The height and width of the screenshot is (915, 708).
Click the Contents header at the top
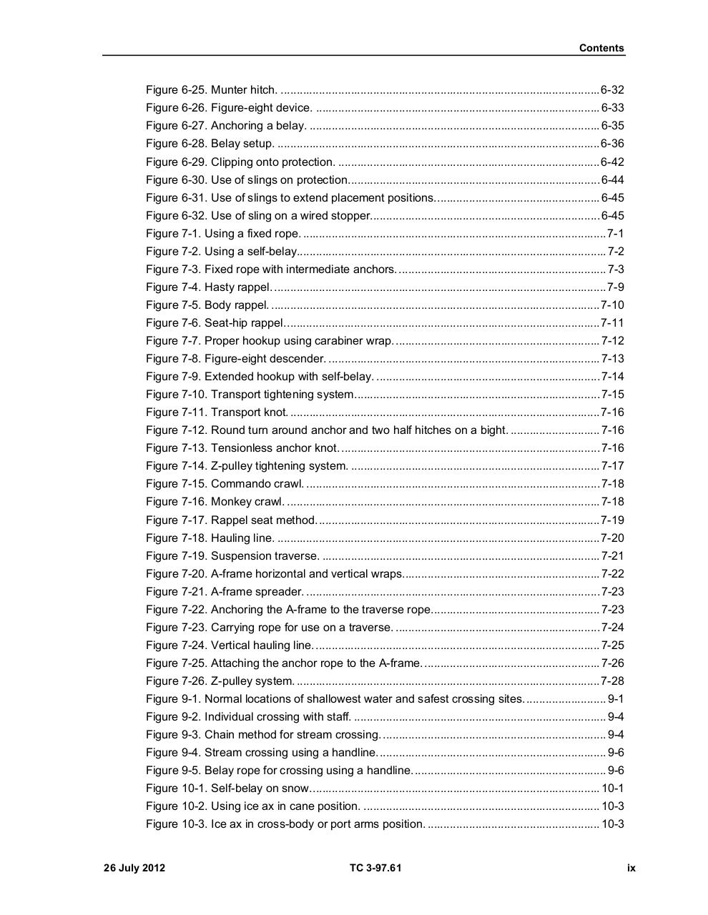click(x=601, y=48)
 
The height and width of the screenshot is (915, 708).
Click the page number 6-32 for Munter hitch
click(x=612, y=90)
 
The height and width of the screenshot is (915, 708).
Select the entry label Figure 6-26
click(x=177, y=108)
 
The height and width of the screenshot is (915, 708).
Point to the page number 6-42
click(x=612, y=162)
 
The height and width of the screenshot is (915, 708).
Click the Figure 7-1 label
click(x=174, y=234)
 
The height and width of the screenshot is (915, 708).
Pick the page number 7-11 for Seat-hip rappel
click(x=612, y=323)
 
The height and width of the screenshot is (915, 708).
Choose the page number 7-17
click(x=612, y=466)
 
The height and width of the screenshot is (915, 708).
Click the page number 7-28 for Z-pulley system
click(x=612, y=681)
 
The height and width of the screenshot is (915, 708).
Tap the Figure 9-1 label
click(x=174, y=699)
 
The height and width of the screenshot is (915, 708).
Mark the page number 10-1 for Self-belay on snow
click(x=612, y=788)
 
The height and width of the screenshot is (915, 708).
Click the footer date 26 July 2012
click(x=134, y=868)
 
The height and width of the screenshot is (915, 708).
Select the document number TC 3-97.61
click(x=375, y=868)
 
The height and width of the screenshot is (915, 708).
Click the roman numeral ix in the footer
click(x=631, y=868)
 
